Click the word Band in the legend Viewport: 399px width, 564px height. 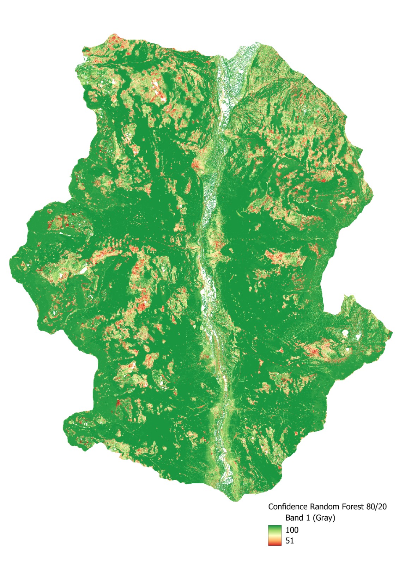(294, 518)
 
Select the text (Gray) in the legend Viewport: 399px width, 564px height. (324, 518)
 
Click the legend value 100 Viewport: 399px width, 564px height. (292, 530)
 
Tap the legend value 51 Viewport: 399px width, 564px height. (290, 541)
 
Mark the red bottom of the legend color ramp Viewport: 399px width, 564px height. (274, 544)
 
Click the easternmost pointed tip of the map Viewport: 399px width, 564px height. (392, 332)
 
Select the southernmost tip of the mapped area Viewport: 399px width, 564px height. (236, 500)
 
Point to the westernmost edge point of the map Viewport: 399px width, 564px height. (10, 260)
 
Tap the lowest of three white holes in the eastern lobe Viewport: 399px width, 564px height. (349, 350)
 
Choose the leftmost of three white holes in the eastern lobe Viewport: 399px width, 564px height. (345, 332)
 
